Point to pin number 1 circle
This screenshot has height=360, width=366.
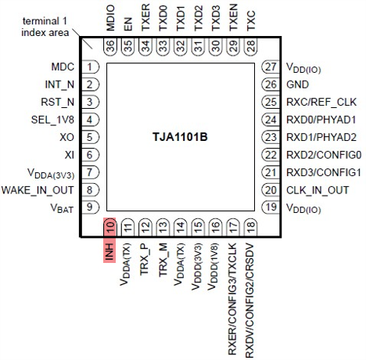(x=91, y=67)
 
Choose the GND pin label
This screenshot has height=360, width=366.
(x=297, y=85)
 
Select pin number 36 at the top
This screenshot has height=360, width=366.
(x=109, y=46)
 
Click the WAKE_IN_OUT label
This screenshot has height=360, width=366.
(x=40, y=189)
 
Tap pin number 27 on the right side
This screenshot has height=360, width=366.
(x=271, y=67)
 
